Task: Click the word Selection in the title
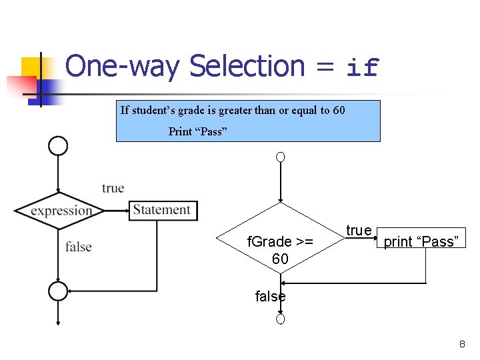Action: [247, 66]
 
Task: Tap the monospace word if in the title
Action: [363, 67]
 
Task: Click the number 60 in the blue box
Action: [338, 110]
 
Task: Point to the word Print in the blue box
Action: [180, 131]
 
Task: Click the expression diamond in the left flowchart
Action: [61, 211]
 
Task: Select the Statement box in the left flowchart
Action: [163, 210]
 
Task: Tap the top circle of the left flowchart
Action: [59, 145]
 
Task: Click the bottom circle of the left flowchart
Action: [58, 291]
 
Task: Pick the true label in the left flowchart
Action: [113, 188]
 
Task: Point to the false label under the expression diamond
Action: [78, 247]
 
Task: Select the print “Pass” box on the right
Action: [421, 241]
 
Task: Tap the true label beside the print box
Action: [359, 230]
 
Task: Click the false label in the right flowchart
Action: [270, 297]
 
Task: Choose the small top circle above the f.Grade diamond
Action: [281, 157]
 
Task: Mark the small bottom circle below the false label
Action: [281, 319]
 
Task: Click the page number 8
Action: [461, 344]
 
